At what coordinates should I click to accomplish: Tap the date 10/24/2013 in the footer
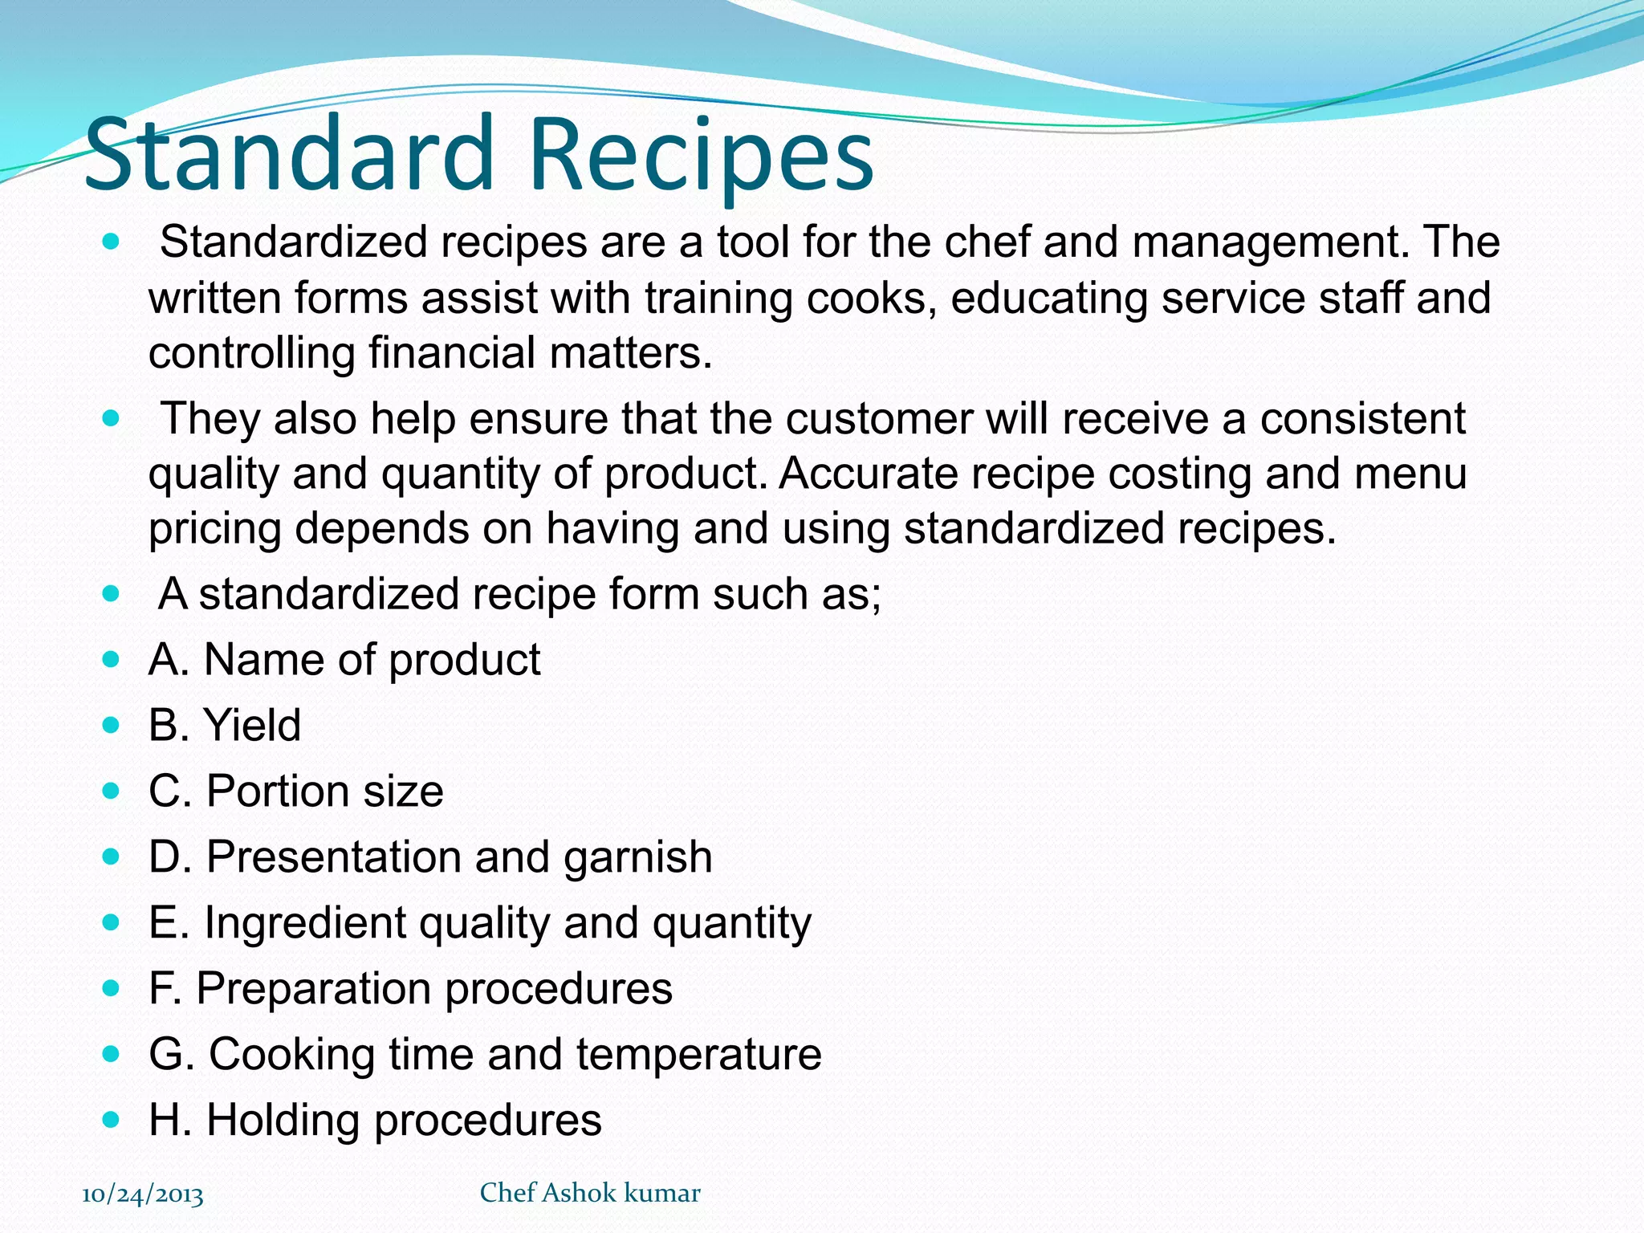tap(143, 1194)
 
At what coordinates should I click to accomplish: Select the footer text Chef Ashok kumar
tap(590, 1193)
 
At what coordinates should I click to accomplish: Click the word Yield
tap(253, 725)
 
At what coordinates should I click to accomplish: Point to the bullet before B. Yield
tap(112, 725)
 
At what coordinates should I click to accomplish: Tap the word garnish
tap(637, 857)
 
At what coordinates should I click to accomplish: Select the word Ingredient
tap(304, 923)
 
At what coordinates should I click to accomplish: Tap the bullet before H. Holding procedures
tap(112, 1119)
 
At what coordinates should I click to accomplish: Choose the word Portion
tap(277, 791)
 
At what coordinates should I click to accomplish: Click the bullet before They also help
tap(112, 418)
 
